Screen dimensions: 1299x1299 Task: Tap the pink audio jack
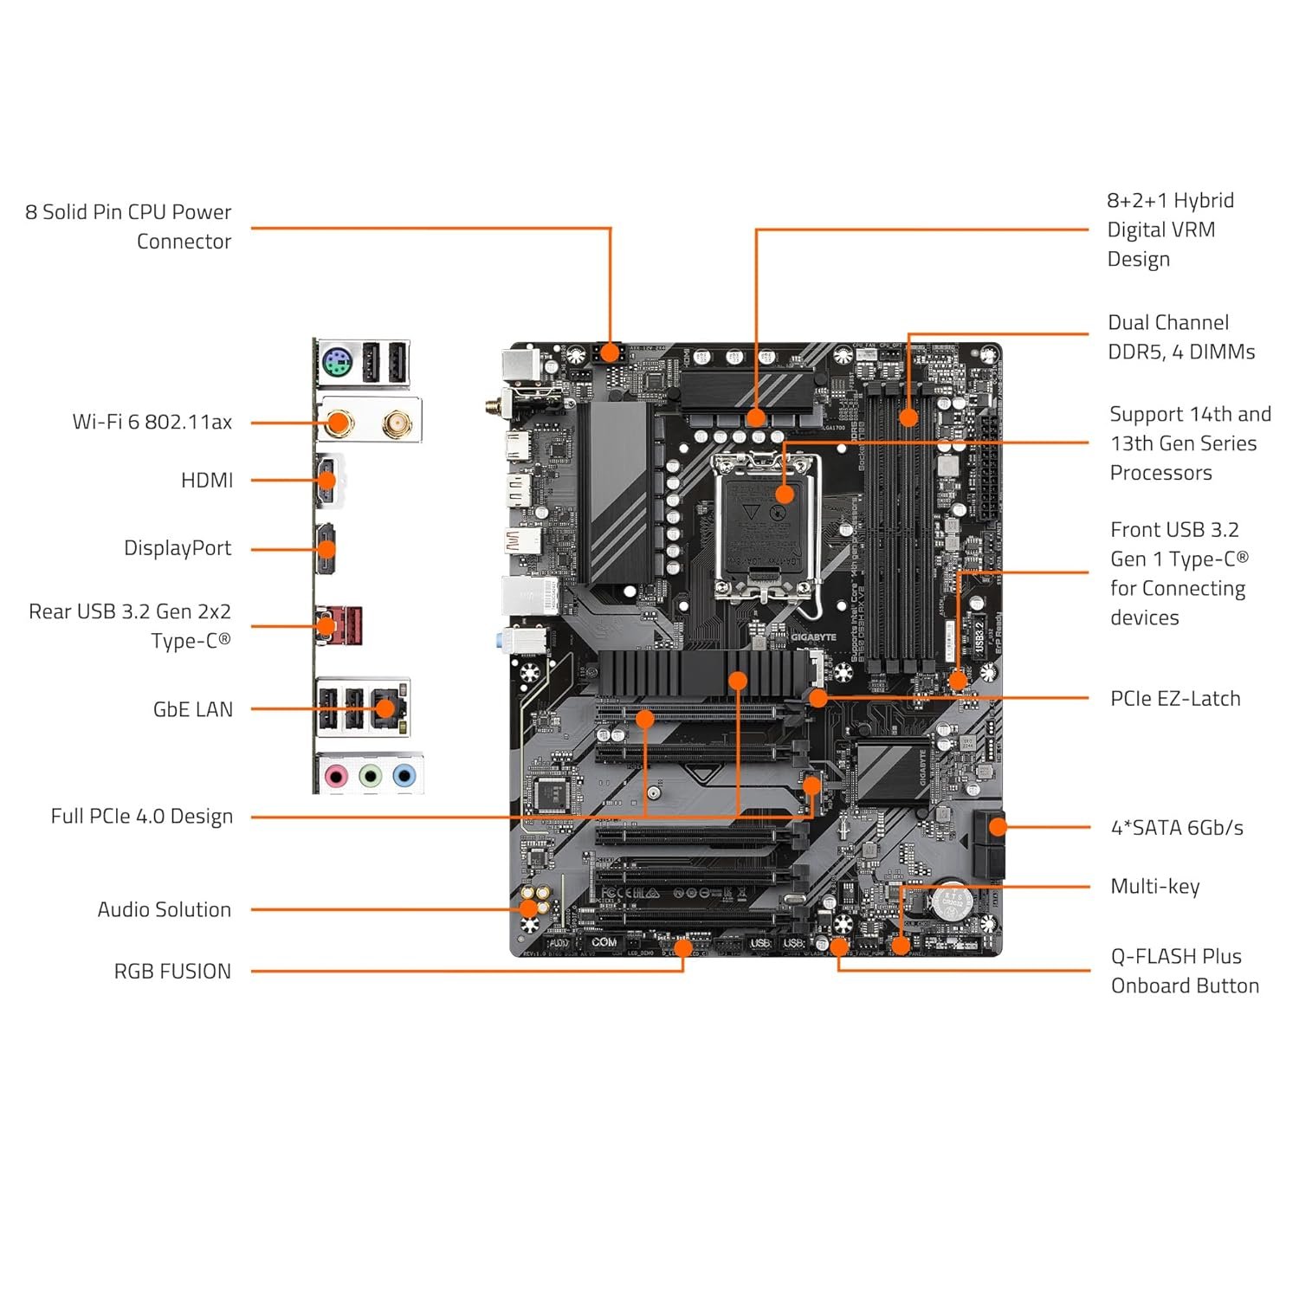click(335, 776)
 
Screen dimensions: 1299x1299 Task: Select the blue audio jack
click(404, 776)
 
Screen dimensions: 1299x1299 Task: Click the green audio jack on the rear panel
click(370, 776)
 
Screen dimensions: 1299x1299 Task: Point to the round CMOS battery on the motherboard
click(953, 902)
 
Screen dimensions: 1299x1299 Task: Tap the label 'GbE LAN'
click(192, 709)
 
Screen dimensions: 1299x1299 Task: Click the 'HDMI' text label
click(206, 480)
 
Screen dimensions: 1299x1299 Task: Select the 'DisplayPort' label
click(178, 548)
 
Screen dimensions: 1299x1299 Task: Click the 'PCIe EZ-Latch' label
click(1175, 698)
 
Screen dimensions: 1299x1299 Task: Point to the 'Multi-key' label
click(1154, 886)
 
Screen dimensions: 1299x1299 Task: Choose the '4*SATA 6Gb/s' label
click(1177, 828)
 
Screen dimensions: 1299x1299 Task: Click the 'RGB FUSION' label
click(172, 971)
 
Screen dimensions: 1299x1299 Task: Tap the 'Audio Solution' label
click(164, 909)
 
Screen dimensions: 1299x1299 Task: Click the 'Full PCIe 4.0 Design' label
click(141, 816)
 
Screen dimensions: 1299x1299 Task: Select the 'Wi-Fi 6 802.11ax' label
click(152, 422)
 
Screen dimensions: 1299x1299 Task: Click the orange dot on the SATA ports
click(998, 827)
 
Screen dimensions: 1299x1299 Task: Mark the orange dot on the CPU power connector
click(610, 353)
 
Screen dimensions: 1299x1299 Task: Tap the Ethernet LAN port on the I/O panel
click(386, 708)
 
